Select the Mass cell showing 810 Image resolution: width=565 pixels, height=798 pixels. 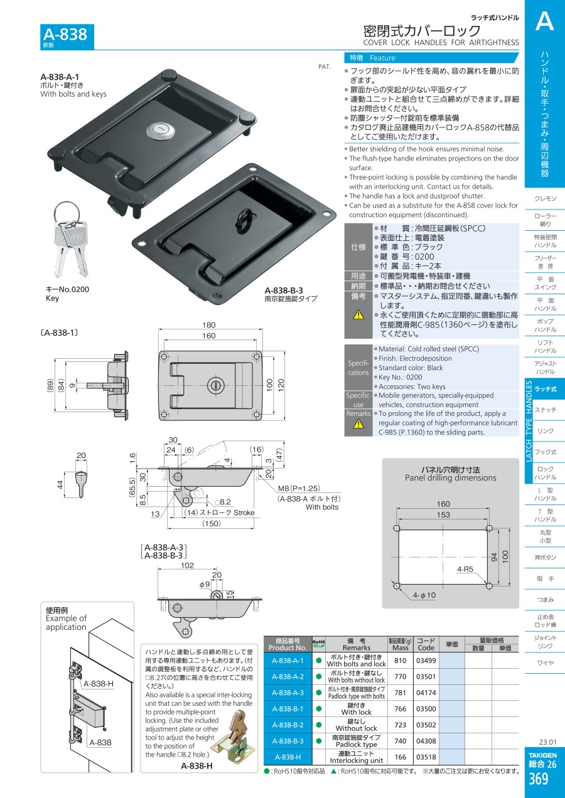[401, 661]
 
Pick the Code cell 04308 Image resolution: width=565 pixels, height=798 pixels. [426, 741]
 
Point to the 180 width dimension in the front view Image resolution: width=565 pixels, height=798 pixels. [208, 325]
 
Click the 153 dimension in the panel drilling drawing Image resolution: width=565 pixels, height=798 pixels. [443, 514]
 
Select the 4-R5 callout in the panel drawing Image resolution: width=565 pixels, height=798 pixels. [466, 570]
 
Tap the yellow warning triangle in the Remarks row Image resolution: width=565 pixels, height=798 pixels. [358, 424]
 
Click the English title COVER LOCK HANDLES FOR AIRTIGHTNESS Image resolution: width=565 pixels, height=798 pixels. [441, 43]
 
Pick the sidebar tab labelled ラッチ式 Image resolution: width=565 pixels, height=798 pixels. [545, 390]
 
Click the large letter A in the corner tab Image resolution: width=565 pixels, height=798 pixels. [544, 23]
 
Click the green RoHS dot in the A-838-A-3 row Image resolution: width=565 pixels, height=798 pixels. [318, 693]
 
